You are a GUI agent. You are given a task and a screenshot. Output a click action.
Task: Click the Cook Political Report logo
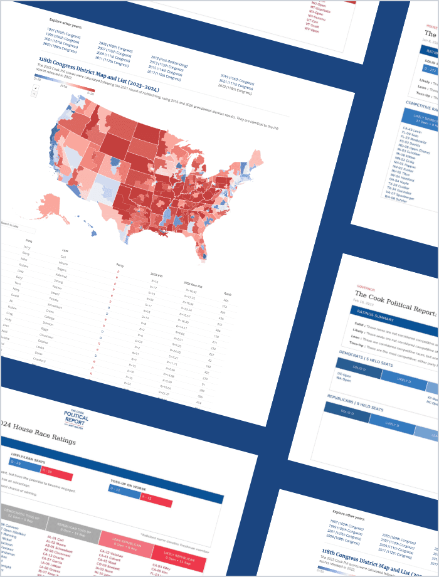(x=76, y=417)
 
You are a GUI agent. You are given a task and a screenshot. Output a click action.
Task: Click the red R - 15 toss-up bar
(x=156, y=500)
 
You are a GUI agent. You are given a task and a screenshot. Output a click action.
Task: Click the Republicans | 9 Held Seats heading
(x=352, y=401)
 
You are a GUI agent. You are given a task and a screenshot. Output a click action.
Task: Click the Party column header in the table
(x=120, y=265)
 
